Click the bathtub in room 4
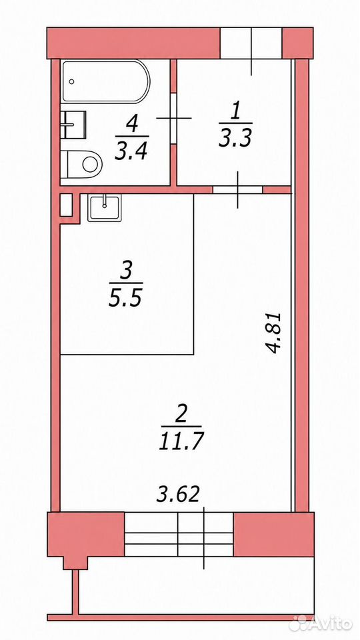tap(106, 81)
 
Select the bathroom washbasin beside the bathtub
tap(73, 124)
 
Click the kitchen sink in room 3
tap(104, 208)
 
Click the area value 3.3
tap(235, 139)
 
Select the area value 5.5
tap(125, 299)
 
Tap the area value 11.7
tap(181, 441)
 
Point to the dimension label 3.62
tap(179, 495)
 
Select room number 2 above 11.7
tap(181, 415)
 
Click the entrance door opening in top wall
tap(251, 43)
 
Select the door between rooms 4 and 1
tap(173, 119)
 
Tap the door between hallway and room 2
tap(237, 190)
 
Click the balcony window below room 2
tap(179, 534)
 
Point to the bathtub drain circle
tap(72, 81)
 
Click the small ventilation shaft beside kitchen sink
tap(66, 205)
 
